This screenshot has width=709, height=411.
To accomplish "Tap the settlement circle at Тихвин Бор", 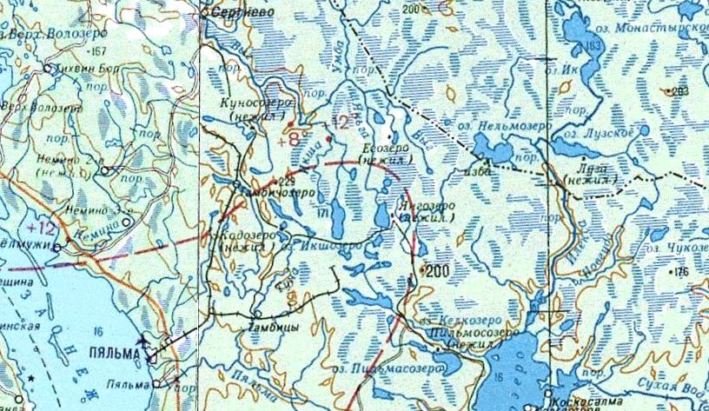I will [x=49, y=68].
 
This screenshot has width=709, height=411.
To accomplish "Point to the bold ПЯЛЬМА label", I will [x=110, y=355].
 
